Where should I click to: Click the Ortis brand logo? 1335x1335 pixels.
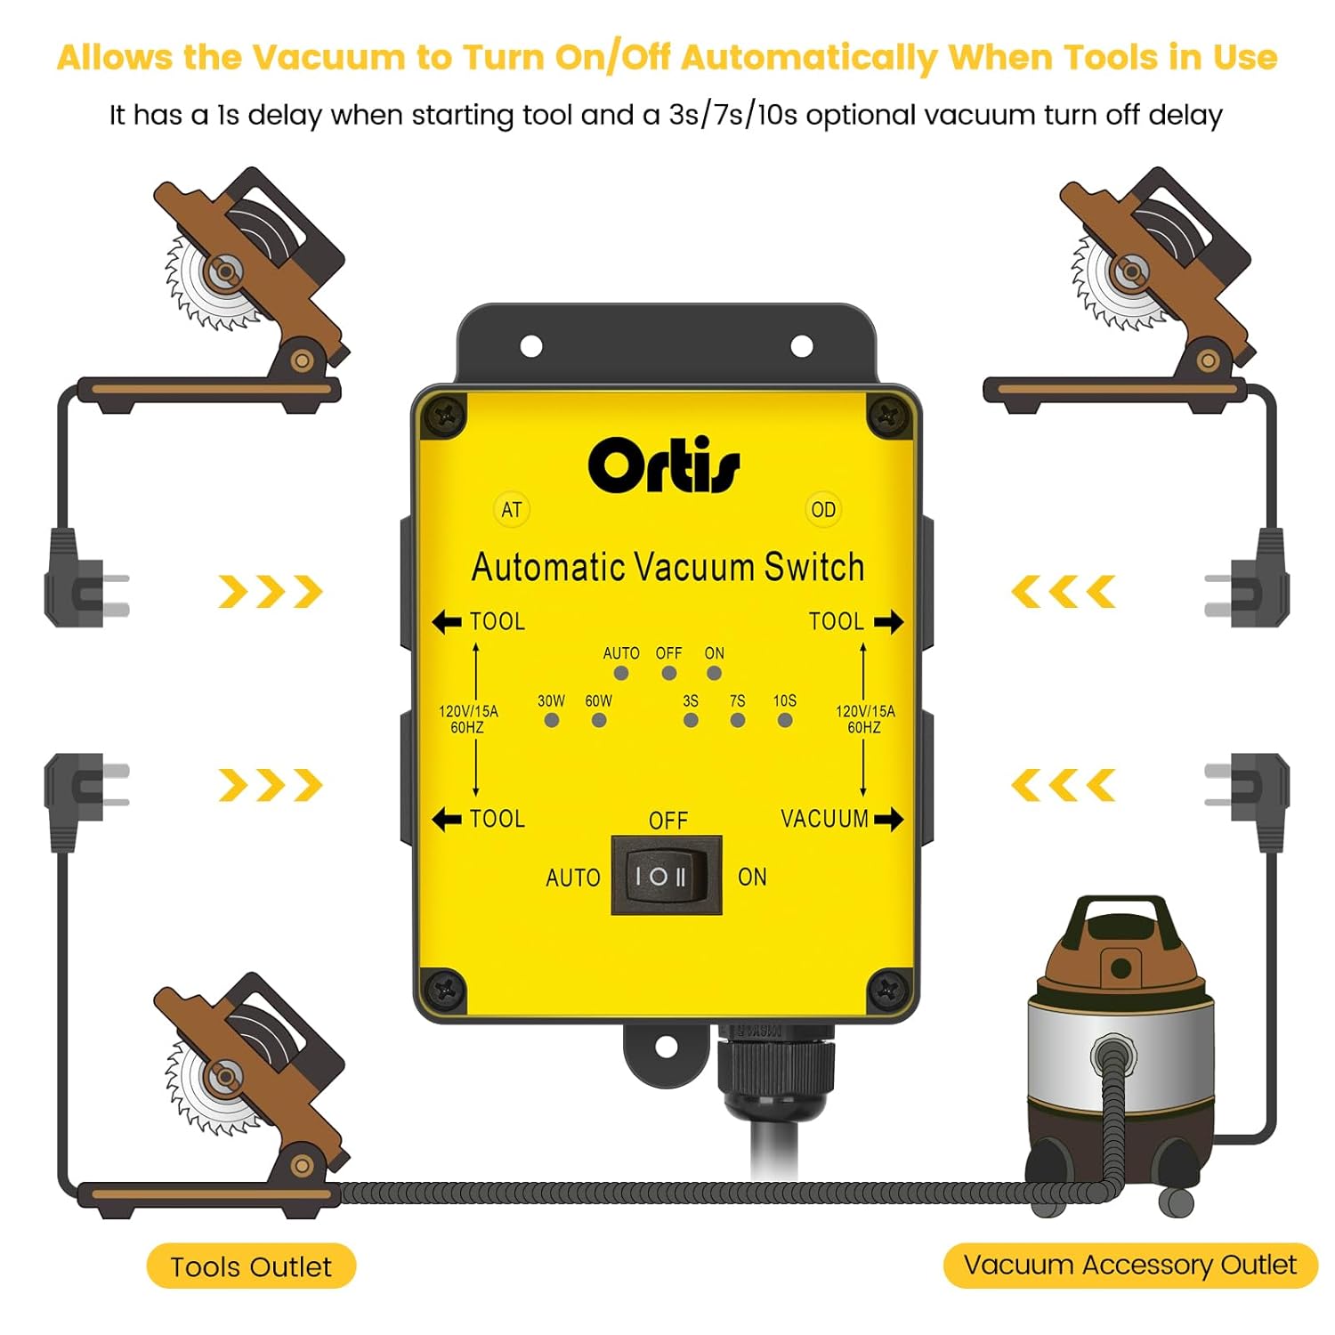[x=663, y=465]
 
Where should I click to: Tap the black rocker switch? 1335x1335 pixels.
[x=666, y=876]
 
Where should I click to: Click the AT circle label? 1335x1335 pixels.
[x=511, y=510]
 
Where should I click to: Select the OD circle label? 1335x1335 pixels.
[x=823, y=510]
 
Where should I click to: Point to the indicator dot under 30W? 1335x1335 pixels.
[x=552, y=720]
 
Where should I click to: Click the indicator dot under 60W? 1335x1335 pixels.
[x=599, y=720]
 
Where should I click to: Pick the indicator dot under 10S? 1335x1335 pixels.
[x=785, y=720]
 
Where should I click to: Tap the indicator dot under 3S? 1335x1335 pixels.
[x=691, y=720]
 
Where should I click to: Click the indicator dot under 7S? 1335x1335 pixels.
[x=738, y=720]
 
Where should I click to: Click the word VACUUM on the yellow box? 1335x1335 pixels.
[x=824, y=819]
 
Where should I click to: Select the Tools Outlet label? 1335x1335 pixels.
[x=251, y=1266]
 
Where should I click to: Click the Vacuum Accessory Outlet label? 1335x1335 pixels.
[x=1130, y=1265]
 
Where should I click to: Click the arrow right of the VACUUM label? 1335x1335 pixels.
[x=888, y=819]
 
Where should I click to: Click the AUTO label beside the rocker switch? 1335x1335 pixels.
[x=573, y=878]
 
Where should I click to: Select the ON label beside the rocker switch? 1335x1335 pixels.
[x=752, y=877]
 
